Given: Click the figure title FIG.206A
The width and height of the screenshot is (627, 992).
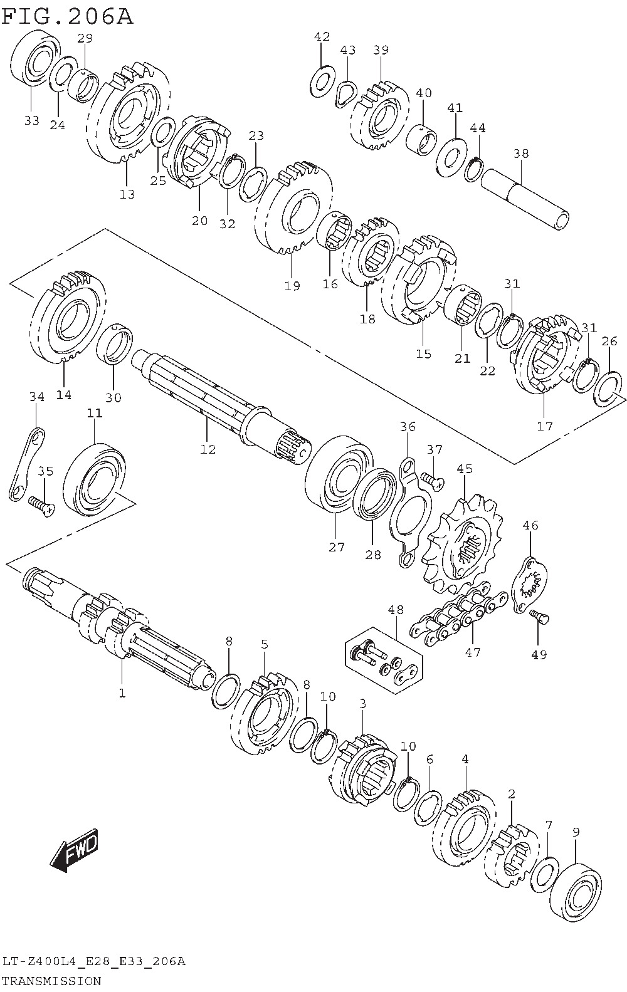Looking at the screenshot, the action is click(67, 17).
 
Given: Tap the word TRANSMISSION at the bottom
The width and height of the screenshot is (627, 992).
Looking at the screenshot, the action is click(51, 981).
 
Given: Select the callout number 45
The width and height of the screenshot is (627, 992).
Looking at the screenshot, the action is click(465, 469).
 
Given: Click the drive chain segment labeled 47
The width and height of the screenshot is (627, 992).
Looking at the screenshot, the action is click(458, 613).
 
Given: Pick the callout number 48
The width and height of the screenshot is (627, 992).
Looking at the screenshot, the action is click(395, 610).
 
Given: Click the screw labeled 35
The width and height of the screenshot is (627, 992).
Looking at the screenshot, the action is click(41, 505).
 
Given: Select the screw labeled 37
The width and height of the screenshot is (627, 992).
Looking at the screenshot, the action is click(431, 481).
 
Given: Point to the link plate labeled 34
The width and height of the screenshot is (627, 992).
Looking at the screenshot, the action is click(26, 464).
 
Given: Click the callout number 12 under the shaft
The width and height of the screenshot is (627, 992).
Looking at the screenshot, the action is click(208, 449).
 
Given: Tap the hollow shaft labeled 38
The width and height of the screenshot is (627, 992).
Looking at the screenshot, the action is click(525, 199).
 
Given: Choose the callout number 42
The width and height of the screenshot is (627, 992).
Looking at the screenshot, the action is click(322, 36).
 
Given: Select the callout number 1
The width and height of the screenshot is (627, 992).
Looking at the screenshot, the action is click(122, 693).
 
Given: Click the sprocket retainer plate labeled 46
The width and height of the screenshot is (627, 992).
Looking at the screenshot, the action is click(530, 585).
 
